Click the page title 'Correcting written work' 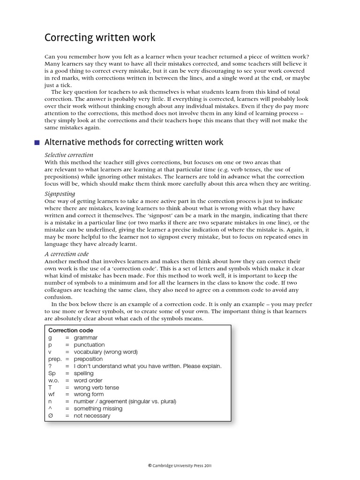pyautogui.click(x=99, y=37)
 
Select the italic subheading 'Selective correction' pyautogui.click(x=69, y=155)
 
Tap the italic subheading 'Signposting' pyautogui.click(x=60, y=193)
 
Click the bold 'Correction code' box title pyautogui.click(x=71, y=330)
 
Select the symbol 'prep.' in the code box pyautogui.click(x=55, y=359)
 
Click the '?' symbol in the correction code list pyautogui.click(x=50, y=366)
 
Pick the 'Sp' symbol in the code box pyautogui.click(x=52, y=373)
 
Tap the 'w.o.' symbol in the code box pyautogui.click(x=53, y=380)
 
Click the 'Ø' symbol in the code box pyautogui.click(x=51, y=416)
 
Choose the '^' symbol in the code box pyautogui.click(x=50, y=408)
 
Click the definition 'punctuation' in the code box pyautogui.click(x=89, y=345)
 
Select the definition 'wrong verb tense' pyautogui.click(x=96, y=387)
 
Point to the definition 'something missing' pyautogui.click(x=98, y=408)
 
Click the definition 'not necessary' pyautogui.click(x=92, y=416)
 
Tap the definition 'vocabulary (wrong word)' pyautogui.click(x=105, y=352)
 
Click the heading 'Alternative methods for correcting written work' pyautogui.click(x=134, y=142)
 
